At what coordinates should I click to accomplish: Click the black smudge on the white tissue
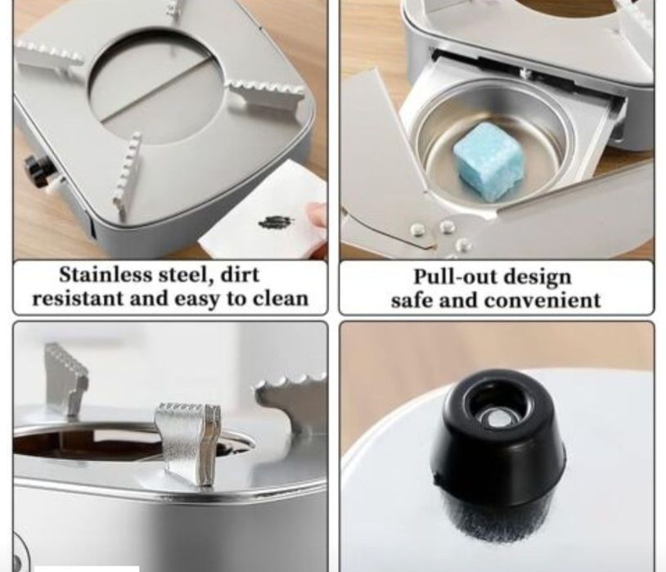click(x=275, y=222)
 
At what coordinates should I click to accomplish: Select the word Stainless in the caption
click(x=106, y=274)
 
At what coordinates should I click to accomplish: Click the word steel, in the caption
click(x=186, y=276)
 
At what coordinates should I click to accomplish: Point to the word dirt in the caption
click(x=240, y=274)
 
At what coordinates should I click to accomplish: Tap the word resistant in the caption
click(x=79, y=299)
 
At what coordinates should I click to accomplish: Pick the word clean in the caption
click(x=281, y=299)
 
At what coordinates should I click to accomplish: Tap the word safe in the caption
click(x=412, y=300)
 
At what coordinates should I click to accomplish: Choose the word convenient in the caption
click(x=542, y=300)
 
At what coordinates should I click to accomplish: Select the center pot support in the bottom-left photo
click(x=188, y=444)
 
